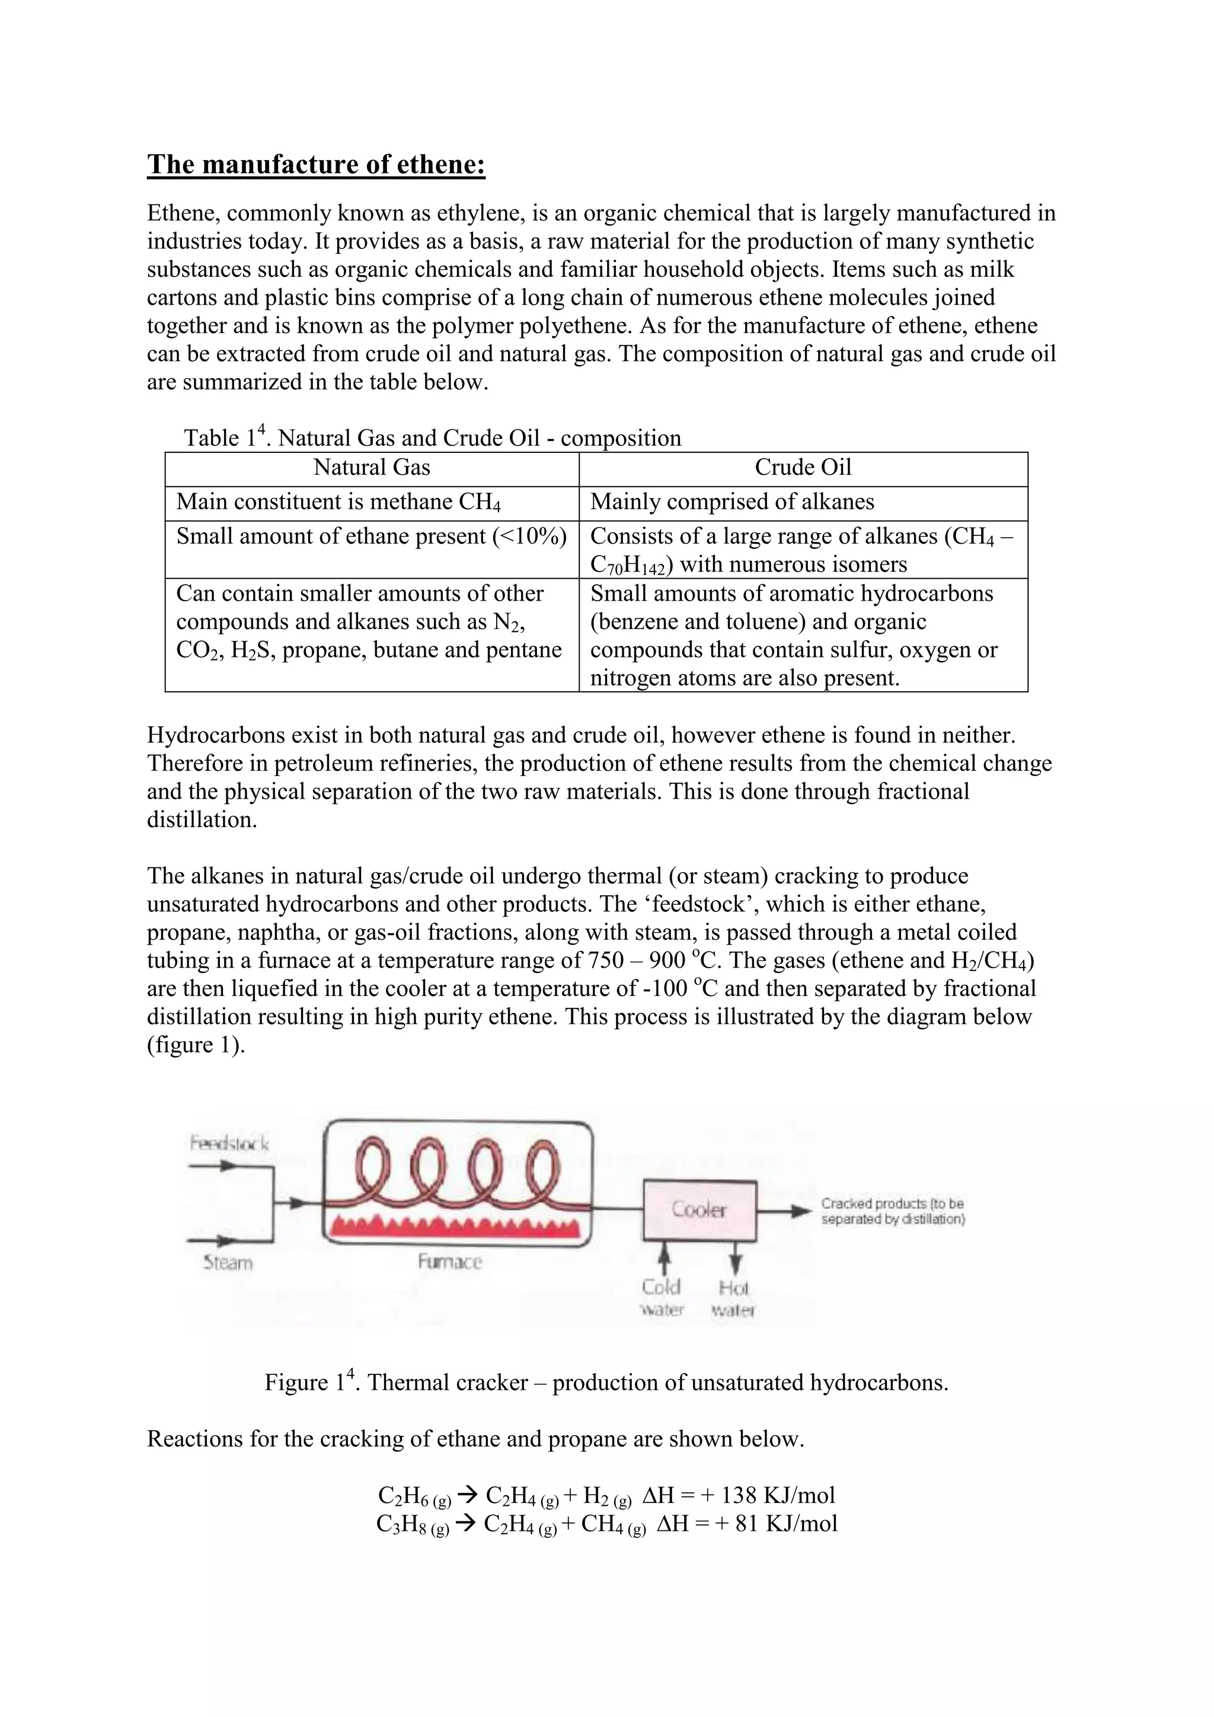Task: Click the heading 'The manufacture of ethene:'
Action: (x=316, y=164)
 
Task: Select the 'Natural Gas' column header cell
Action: (x=372, y=468)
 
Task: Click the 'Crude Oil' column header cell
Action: (x=803, y=468)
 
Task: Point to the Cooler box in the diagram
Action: (x=699, y=1210)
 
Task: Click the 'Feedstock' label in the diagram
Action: (x=229, y=1144)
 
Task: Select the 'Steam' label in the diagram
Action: (x=229, y=1263)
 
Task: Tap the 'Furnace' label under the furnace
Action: (x=450, y=1262)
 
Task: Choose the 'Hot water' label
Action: (x=733, y=1298)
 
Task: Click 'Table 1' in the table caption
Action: (x=223, y=438)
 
